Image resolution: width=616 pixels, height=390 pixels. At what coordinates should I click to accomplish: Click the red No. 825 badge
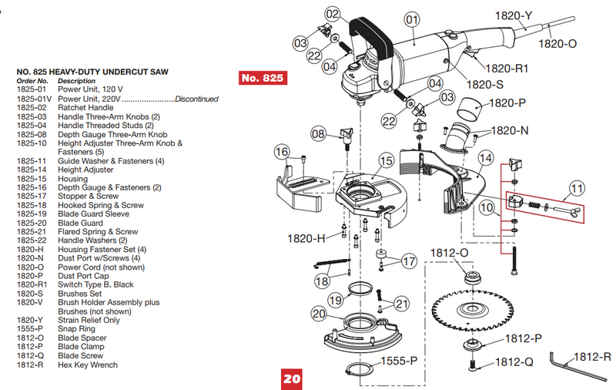coord(263,78)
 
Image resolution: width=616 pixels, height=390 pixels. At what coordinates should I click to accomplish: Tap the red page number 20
coord(291,379)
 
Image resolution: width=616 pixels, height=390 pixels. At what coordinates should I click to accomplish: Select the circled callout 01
coord(411,19)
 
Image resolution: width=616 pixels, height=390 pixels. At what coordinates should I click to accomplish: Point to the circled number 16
coord(283,151)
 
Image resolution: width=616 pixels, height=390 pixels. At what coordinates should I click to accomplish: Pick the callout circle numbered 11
coord(577,187)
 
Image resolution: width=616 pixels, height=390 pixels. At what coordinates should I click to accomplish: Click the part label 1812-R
coord(591,357)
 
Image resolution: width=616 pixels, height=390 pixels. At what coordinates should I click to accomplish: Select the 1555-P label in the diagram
coord(400,360)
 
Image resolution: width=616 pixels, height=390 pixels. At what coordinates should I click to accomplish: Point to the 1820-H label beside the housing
coord(308,237)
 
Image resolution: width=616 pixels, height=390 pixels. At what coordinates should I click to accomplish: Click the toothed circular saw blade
coord(469,311)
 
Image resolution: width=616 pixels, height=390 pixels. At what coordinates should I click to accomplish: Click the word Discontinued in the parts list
coord(196,99)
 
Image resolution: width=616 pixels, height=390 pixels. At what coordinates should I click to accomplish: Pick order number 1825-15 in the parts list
coord(32,179)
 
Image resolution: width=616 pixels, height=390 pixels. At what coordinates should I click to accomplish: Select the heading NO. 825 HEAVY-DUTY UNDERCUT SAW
coord(92,72)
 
